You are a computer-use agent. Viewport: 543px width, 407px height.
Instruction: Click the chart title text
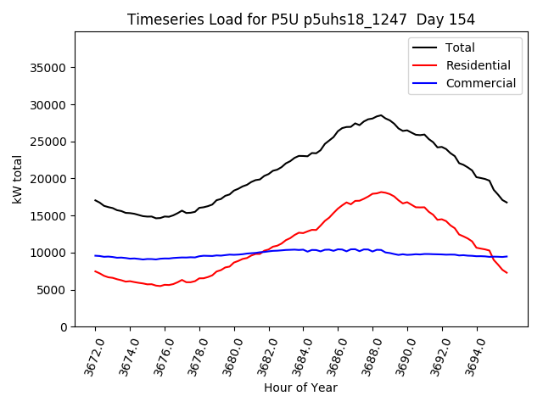tap(301, 20)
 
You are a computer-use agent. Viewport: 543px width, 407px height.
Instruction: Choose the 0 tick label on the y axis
tap(64, 327)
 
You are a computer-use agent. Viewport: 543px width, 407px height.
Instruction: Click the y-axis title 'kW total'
tap(17, 179)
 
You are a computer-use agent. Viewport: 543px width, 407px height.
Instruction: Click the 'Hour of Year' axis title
tap(300, 387)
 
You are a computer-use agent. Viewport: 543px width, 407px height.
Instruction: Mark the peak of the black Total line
tap(381, 115)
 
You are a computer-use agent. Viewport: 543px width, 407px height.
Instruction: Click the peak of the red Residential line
tap(382, 192)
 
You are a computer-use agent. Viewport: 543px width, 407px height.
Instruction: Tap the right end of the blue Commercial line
tap(507, 256)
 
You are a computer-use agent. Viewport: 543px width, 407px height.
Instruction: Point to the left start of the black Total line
tap(95, 200)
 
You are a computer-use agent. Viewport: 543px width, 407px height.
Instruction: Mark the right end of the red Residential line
tap(507, 273)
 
